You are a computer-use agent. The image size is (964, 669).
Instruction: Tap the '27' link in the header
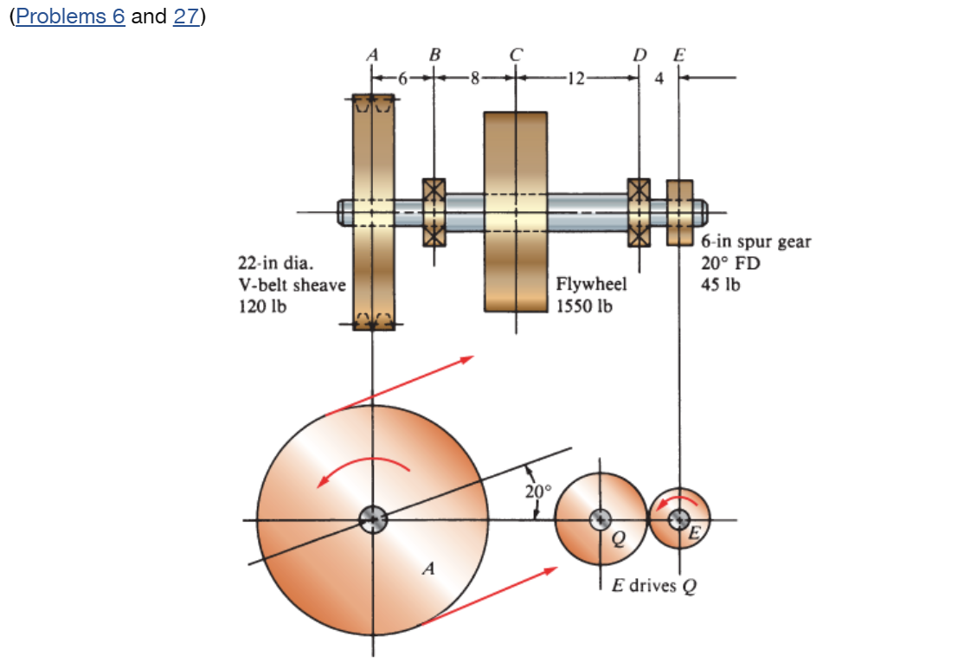click(x=186, y=17)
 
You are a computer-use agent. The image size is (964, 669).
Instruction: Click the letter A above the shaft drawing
click(x=373, y=54)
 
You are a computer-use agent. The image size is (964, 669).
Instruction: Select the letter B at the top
click(x=434, y=54)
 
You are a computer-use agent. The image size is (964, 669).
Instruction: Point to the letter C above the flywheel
click(x=516, y=54)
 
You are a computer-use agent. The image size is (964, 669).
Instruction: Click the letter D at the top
click(x=639, y=54)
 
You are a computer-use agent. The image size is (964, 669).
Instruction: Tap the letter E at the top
click(x=678, y=54)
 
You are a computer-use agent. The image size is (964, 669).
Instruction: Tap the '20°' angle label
click(x=537, y=491)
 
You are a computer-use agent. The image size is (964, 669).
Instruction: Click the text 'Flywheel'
click(x=591, y=284)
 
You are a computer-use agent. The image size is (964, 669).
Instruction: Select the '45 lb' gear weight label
click(x=720, y=284)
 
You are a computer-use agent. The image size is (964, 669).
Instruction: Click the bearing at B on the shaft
click(x=434, y=212)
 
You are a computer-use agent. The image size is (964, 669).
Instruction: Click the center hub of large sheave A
click(x=373, y=519)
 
